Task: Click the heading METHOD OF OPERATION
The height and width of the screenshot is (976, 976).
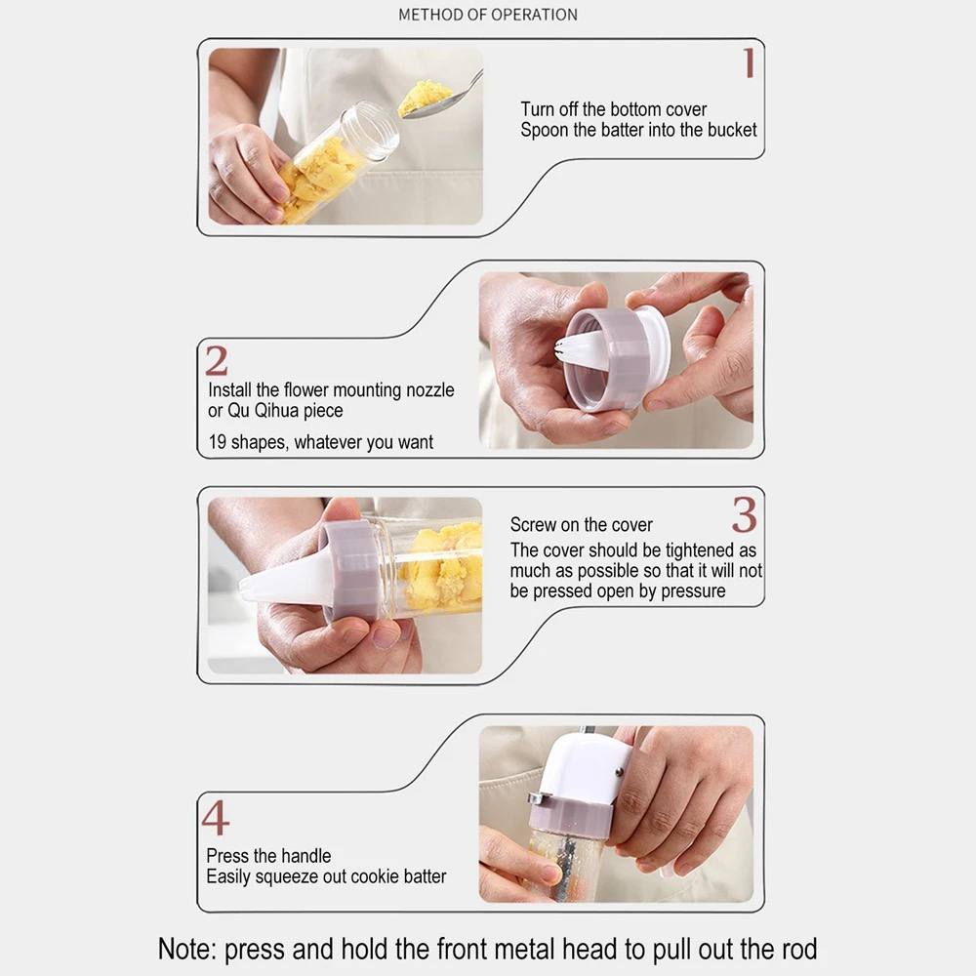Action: click(x=488, y=15)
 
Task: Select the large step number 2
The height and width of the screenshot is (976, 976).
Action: click(x=217, y=361)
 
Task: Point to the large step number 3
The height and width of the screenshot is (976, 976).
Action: click(x=745, y=514)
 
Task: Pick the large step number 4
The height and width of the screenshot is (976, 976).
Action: click(x=216, y=817)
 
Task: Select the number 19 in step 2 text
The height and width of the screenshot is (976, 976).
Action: click(x=218, y=442)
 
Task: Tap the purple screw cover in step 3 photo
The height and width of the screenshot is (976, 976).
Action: click(x=351, y=571)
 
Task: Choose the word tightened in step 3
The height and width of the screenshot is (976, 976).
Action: click(x=700, y=550)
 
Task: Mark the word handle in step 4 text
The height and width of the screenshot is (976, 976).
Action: click(x=306, y=856)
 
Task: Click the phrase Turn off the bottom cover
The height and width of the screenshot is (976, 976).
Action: click(x=614, y=109)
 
